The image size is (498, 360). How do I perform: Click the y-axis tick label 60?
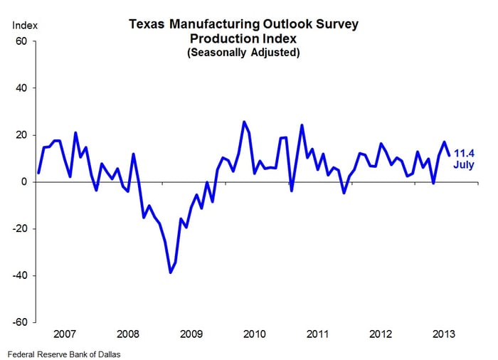[21, 41]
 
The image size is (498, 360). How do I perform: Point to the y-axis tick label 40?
[21, 88]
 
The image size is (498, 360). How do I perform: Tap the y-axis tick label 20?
[21, 135]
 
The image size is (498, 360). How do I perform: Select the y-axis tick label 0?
[23, 182]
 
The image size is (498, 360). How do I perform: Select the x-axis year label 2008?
[127, 334]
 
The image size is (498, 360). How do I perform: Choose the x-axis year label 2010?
[254, 334]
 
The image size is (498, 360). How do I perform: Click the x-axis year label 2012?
[380, 334]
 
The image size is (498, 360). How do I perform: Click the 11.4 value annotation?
[465, 152]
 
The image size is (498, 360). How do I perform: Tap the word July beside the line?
[465, 165]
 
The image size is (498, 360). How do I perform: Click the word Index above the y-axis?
[25, 26]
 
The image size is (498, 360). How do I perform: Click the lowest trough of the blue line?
[171, 272]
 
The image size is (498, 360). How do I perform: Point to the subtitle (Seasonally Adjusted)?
[243, 53]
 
